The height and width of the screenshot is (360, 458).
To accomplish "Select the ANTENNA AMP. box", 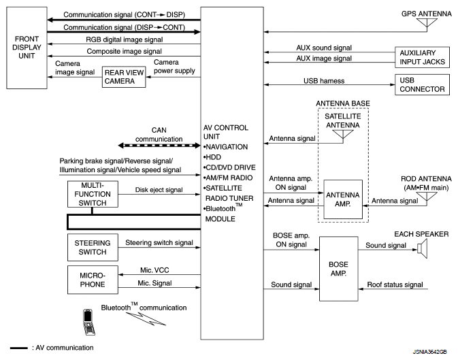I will [342, 199].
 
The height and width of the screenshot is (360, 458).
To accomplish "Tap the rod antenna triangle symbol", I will [427, 199].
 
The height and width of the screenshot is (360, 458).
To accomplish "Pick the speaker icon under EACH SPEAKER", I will [422, 250].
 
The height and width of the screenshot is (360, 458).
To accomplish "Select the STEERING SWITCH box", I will [91, 246].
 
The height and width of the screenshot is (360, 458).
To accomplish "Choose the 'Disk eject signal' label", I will [158, 190].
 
